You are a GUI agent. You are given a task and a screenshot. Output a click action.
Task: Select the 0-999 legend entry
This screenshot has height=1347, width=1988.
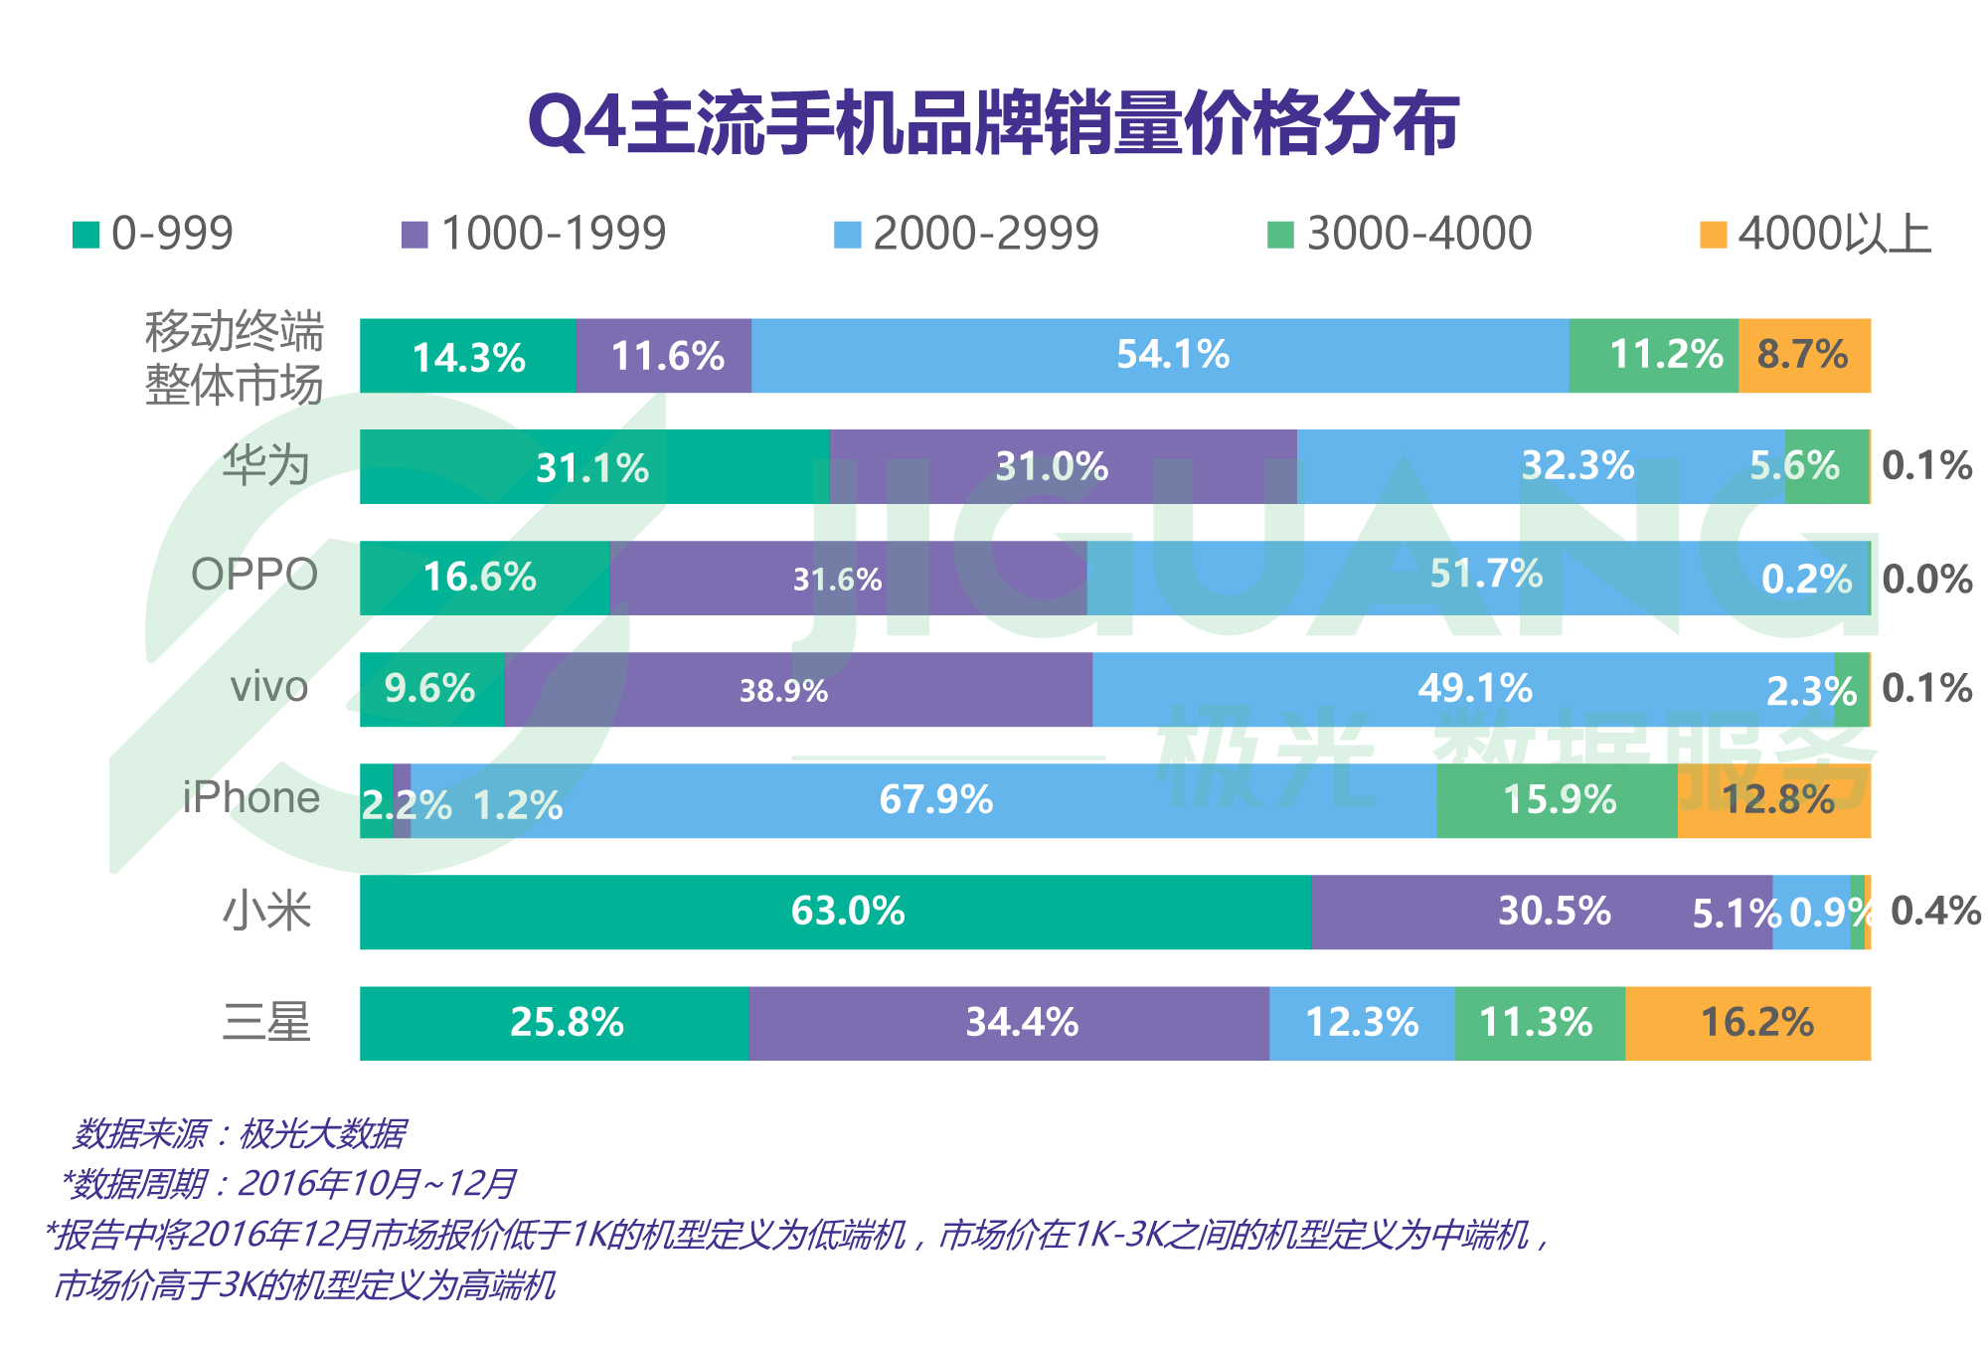click(154, 235)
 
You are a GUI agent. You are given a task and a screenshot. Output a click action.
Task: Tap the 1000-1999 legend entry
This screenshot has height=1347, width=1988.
click(534, 235)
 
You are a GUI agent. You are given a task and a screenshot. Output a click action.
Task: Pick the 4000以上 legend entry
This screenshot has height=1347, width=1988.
click(1815, 235)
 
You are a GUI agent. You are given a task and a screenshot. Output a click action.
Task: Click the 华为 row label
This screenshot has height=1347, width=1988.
click(265, 466)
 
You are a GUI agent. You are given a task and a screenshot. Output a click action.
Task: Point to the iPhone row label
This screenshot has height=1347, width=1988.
click(250, 798)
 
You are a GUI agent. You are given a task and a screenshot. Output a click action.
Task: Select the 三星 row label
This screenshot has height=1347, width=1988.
click(265, 1023)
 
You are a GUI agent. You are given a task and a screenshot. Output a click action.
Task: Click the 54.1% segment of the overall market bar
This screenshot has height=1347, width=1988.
click(1160, 356)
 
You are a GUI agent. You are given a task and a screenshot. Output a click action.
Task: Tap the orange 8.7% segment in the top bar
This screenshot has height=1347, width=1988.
click(1803, 356)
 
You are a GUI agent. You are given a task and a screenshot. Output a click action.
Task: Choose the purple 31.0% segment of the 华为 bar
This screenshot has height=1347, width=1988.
click(1062, 466)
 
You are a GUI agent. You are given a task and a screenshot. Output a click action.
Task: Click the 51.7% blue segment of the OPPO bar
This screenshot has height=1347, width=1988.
click(1478, 578)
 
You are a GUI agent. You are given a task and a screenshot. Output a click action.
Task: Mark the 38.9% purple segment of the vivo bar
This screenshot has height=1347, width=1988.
click(797, 690)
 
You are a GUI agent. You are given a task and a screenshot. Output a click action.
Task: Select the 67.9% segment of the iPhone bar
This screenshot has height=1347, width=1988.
click(924, 800)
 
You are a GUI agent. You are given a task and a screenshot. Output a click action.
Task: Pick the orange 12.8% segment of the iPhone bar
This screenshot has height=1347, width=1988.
click(1774, 800)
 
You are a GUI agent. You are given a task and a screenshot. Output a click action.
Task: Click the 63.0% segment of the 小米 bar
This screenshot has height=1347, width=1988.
click(835, 912)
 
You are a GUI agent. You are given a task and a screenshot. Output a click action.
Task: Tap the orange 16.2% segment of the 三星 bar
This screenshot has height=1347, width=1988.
click(1748, 1023)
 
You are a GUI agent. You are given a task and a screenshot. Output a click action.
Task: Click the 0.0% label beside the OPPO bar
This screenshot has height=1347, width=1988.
click(1927, 580)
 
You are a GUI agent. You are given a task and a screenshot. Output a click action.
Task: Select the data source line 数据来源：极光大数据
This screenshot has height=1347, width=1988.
click(239, 1133)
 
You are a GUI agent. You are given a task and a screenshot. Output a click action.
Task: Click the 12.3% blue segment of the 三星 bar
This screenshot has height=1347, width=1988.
click(1362, 1023)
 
